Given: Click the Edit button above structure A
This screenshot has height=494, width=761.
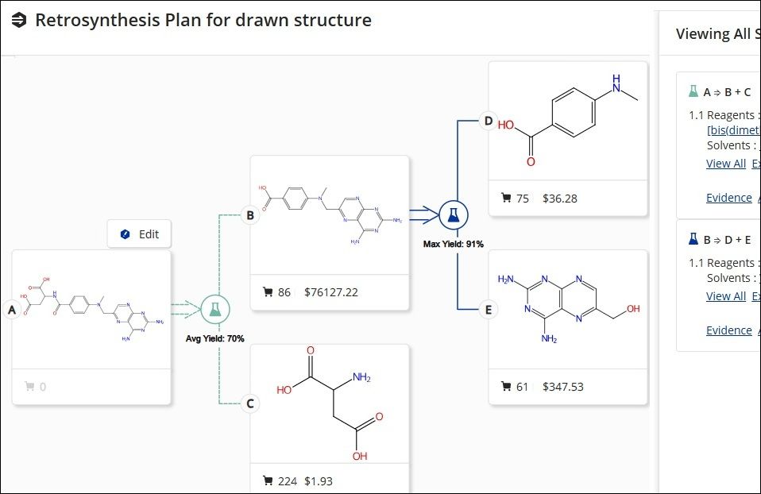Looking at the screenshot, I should [x=139, y=234].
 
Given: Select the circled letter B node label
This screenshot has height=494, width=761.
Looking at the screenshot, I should [x=250, y=214].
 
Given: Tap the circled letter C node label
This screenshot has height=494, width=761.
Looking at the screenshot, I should [x=250, y=403].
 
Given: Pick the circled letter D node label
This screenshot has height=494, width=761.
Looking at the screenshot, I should [x=489, y=122].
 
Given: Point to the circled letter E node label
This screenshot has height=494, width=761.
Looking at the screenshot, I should [x=489, y=309].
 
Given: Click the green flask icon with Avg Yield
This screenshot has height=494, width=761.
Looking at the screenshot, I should [x=214, y=310].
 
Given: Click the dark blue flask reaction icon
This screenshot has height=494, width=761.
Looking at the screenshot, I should [x=454, y=214].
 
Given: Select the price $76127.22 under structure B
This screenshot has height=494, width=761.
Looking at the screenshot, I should [x=330, y=292].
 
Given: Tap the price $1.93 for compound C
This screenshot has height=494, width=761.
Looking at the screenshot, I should [x=319, y=480].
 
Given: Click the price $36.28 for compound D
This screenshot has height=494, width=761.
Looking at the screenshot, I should [x=560, y=198].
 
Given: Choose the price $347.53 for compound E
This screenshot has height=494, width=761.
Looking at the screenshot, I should [x=562, y=387].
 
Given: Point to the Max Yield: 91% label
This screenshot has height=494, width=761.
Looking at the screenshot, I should [x=454, y=244].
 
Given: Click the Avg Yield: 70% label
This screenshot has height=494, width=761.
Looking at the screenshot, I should [x=214, y=339].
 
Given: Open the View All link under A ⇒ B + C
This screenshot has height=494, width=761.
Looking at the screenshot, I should [x=725, y=164].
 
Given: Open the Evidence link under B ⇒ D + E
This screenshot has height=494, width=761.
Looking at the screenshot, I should [x=728, y=330].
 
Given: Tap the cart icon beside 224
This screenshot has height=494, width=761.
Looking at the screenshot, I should [x=268, y=480].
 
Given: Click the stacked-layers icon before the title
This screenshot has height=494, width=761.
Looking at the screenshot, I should [x=19, y=20].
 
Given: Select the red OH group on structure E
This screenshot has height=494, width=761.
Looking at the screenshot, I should [x=632, y=309].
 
